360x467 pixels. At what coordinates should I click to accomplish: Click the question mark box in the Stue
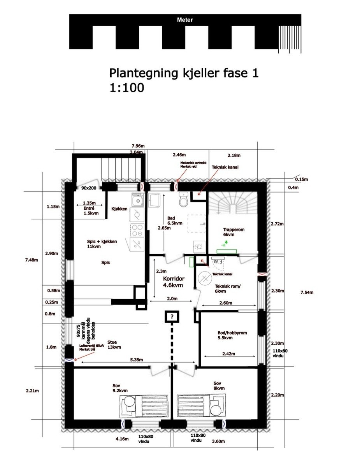[171, 316]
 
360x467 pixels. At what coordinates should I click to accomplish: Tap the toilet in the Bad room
[184, 200]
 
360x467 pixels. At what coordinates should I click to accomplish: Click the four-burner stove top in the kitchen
[137, 230]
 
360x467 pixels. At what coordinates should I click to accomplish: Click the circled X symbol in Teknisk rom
[204, 279]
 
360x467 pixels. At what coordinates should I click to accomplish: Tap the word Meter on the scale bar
[185, 20]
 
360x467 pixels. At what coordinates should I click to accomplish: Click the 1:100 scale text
[127, 88]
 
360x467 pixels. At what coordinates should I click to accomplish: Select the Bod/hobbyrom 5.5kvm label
[232, 335]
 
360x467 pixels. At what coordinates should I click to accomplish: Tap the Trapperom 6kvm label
[234, 232]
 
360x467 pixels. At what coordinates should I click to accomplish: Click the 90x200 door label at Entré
[89, 188]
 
